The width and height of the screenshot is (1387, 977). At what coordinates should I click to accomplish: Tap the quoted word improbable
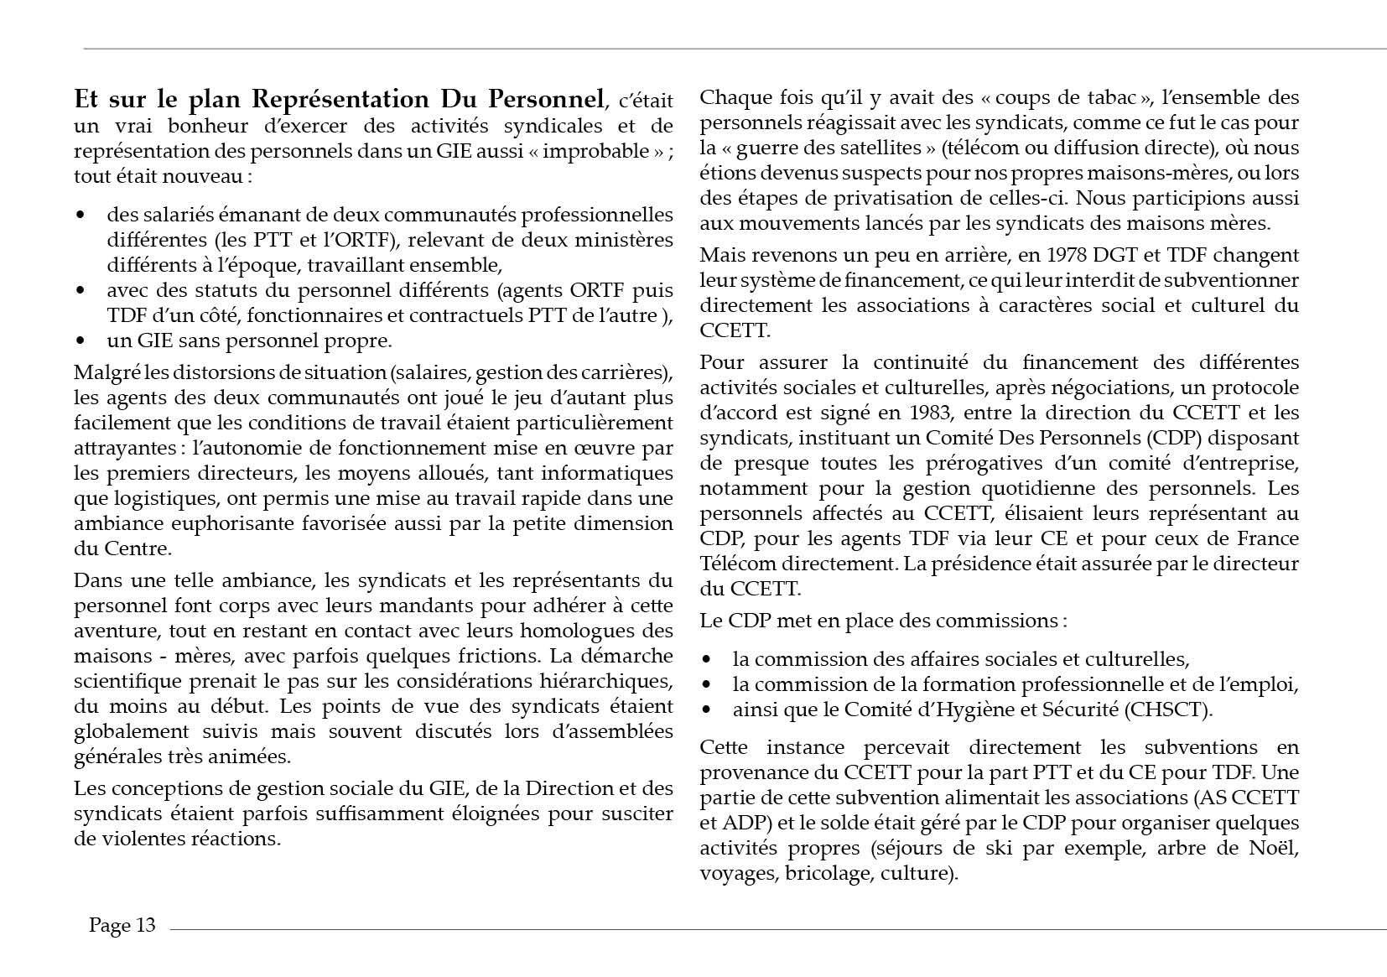click(x=604, y=151)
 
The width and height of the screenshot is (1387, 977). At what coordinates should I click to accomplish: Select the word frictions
click(x=489, y=656)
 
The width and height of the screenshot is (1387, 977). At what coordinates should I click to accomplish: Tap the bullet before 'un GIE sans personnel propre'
click(x=81, y=341)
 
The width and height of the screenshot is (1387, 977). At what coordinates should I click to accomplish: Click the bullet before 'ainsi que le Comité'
click(x=707, y=710)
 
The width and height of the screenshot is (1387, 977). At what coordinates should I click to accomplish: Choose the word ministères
click(x=626, y=240)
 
